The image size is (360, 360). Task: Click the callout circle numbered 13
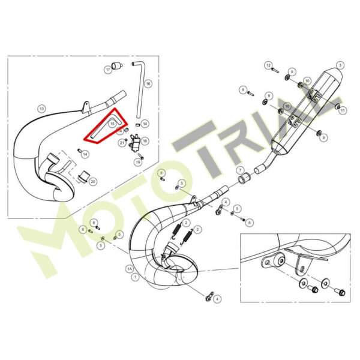pyautogui.click(x=41, y=109)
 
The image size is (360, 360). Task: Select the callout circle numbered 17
pyautogui.click(x=108, y=70)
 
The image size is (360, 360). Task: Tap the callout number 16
pyautogui.click(x=148, y=83)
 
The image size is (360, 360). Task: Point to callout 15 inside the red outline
pyautogui.click(x=112, y=124)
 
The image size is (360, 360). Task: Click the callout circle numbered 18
pyautogui.click(x=145, y=141)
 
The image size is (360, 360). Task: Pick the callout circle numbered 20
pyautogui.click(x=93, y=182)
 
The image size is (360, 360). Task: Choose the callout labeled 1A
pyautogui.click(x=130, y=269)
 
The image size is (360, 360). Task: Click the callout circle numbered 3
pyautogui.click(x=340, y=65)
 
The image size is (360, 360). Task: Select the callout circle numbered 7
pyautogui.click(x=240, y=170)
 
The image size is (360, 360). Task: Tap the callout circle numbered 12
pyautogui.click(x=268, y=65)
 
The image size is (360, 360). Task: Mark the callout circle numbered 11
pyautogui.click(x=343, y=110)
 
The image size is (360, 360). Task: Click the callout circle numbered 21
pyautogui.click(x=122, y=143)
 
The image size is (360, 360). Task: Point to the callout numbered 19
pyautogui.click(x=138, y=163)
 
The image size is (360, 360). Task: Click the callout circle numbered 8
pyautogui.click(x=243, y=90)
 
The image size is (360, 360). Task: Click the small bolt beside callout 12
pyautogui.click(x=275, y=70)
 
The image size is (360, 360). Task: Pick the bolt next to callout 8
pyautogui.click(x=251, y=94)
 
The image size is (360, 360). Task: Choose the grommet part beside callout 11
pyautogui.click(x=338, y=106)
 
